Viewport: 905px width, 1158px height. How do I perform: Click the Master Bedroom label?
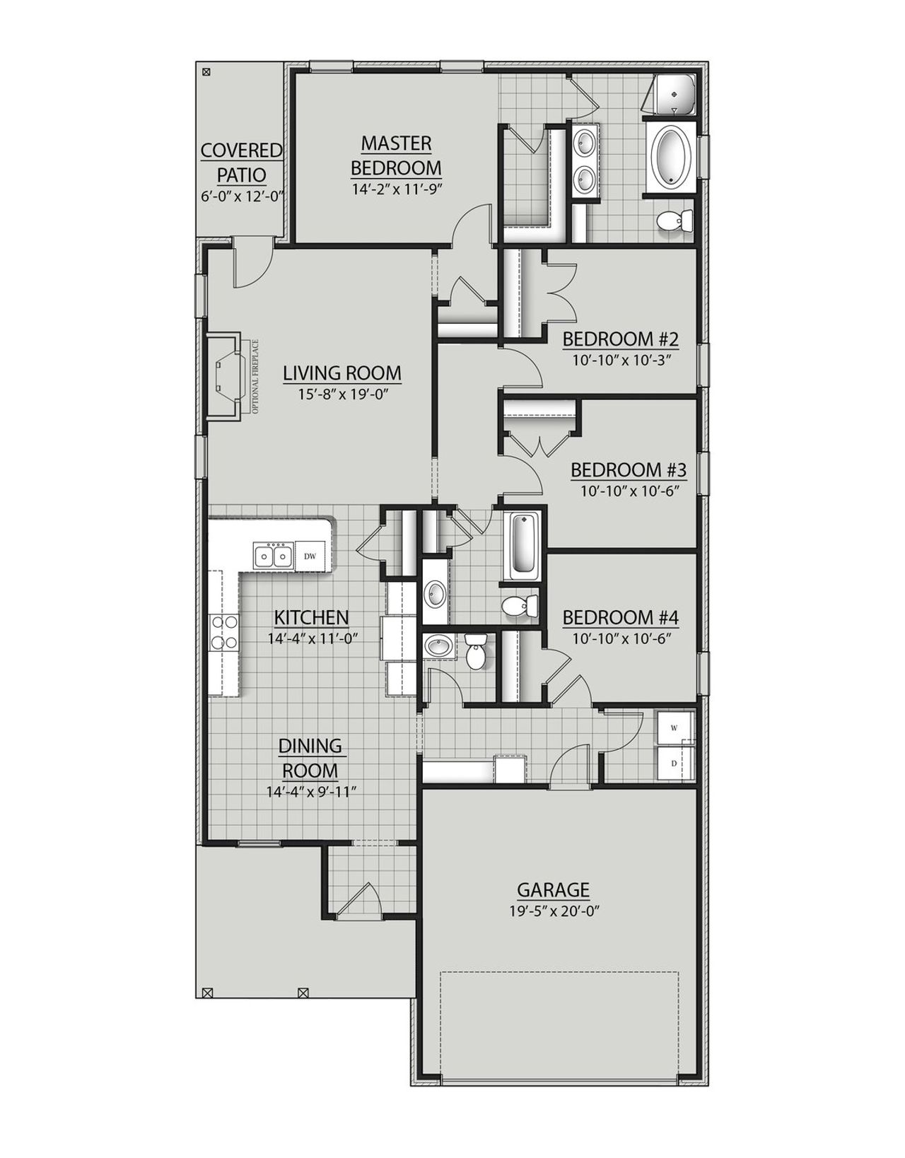tap(396, 156)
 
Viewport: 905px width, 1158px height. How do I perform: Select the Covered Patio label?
tap(241, 162)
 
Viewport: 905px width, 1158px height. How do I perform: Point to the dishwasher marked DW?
tap(310, 556)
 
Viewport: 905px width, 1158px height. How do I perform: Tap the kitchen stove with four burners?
tap(225, 632)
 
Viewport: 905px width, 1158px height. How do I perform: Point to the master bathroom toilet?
tap(675, 221)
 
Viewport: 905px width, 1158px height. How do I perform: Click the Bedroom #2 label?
tap(620, 339)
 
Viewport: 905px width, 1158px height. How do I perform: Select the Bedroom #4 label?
tap(620, 618)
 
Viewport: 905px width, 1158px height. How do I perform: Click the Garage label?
tap(554, 889)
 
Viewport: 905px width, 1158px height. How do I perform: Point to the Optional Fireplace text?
tap(257, 376)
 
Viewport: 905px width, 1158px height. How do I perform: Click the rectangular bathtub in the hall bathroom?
tap(523, 542)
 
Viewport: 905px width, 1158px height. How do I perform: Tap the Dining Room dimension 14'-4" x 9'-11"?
tap(310, 792)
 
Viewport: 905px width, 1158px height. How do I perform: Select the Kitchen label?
tap(311, 617)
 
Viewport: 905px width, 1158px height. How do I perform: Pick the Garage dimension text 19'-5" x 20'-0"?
tap(554, 911)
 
